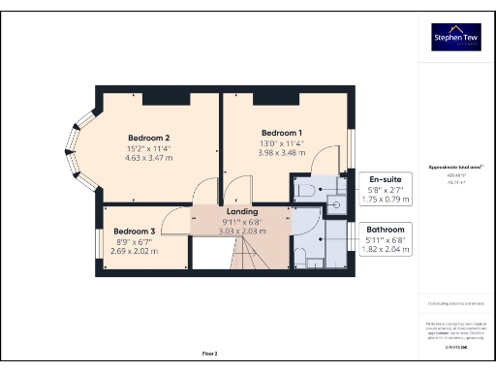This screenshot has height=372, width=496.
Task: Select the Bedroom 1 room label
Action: [282, 132]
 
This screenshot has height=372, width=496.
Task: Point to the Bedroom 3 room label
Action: [134, 232]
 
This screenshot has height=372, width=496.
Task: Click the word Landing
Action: [242, 211]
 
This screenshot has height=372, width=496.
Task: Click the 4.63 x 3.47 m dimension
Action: [149, 157]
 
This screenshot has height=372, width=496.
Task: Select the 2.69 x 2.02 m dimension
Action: [134, 251]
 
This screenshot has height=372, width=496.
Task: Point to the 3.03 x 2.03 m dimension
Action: [242, 232]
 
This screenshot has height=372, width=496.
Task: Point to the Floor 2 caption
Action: [210, 353]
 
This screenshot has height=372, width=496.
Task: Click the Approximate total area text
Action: [449, 167]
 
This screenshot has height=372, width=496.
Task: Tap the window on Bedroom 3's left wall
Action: [99, 242]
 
